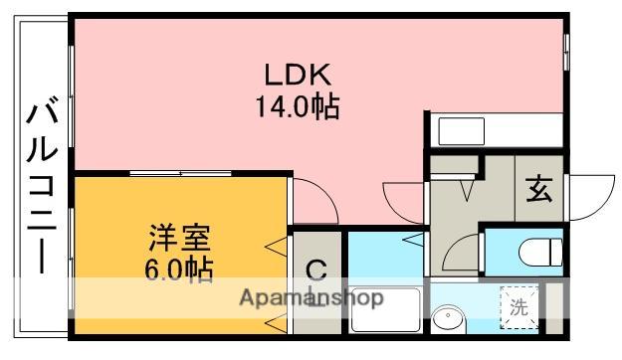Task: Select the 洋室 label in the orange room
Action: (x=179, y=239)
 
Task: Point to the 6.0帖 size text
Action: (x=178, y=270)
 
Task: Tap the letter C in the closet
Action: (x=315, y=269)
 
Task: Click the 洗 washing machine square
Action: (x=519, y=307)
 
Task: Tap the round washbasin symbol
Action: (x=450, y=318)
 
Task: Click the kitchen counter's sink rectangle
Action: (x=459, y=130)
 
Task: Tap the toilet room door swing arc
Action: (x=462, y=254)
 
